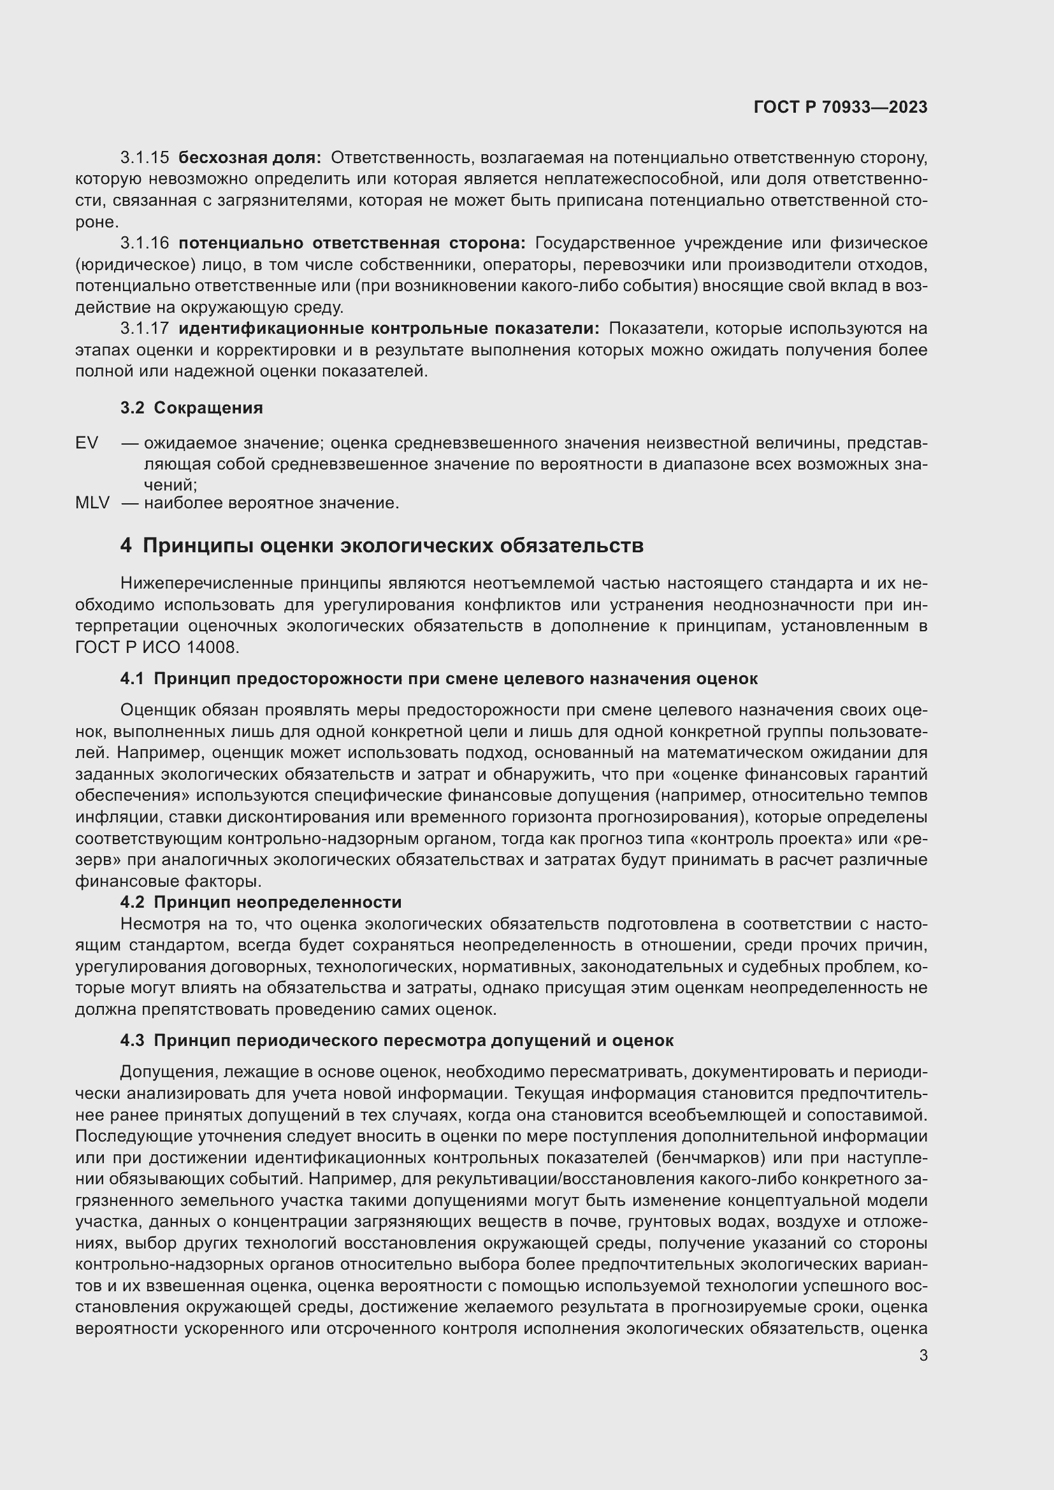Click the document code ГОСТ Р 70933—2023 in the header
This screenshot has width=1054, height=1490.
(841, 107)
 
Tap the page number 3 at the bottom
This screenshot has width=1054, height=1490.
(923, 1356)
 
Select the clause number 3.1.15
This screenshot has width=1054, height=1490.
(145, 158)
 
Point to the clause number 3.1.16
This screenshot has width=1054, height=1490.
(145, 243)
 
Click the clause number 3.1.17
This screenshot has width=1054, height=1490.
(145, 329)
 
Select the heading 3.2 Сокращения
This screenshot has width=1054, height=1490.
(191, 408)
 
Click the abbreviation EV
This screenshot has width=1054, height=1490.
(87, 443)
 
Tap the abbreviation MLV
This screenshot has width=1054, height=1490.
(92, 503)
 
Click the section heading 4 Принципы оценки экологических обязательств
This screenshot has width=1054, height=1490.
(382, 546)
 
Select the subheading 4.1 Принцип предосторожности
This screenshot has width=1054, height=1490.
(438, 680)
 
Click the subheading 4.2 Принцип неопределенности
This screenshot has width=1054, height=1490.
(261, 903)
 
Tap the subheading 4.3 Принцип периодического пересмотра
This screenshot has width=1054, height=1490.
(396, 1041)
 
